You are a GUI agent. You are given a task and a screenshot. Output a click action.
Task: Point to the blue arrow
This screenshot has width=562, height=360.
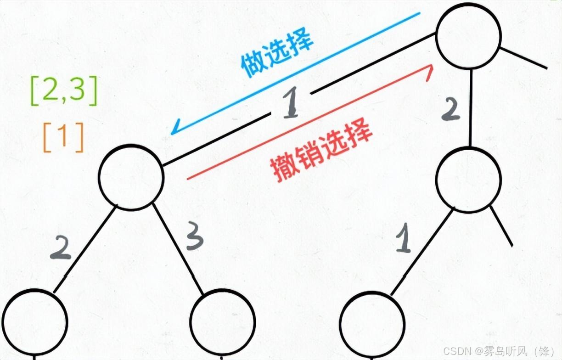pyautogui.click(x=294, y=73)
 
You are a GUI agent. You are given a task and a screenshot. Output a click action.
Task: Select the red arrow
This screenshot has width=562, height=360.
pyautogui.click(x=310, y=122)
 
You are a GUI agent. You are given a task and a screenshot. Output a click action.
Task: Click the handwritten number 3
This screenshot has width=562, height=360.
pyautogui.click(x=195, y=236)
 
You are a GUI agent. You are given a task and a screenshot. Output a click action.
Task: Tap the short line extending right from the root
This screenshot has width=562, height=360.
pyautogui.click(x=523, y=58)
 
